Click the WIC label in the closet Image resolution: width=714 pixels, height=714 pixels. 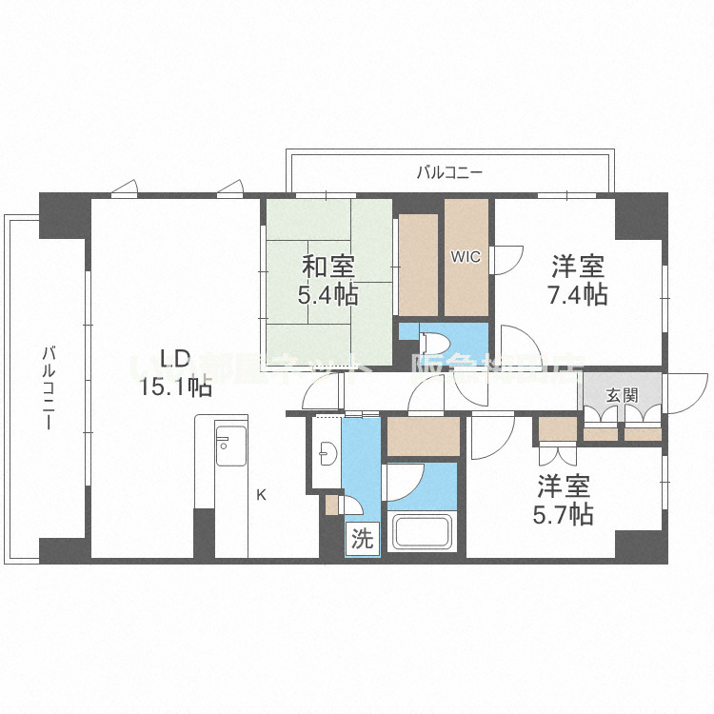click(x=466, y=256)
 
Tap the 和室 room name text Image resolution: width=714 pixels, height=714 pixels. click(x=327, y=266)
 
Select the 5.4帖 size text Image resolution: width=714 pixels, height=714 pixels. click(x=327, y=294)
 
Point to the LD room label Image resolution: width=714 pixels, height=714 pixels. click(x=176, y=359)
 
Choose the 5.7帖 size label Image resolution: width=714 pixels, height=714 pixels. click(x=565, y=515)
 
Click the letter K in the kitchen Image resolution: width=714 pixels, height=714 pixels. click(x=260, y=494)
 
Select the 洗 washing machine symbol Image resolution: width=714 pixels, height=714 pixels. click(x=362, y=540)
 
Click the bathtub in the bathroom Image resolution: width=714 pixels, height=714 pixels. click(x=424, y=534)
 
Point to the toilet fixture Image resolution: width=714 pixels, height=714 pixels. click(x=432, y=340)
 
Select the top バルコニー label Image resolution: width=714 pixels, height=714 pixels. click(x=449, y=172)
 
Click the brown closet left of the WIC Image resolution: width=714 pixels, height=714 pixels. click(x=418, y=265)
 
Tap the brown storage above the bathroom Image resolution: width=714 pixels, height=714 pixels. click(x=423, y=437)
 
